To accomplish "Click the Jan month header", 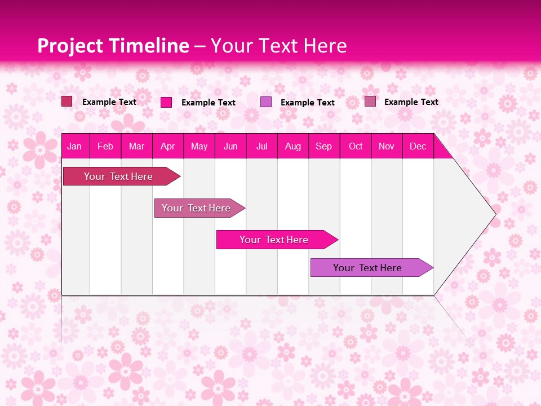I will [x=74, y=146].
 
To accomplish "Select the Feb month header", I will [x=105, y=146].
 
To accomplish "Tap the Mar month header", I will [x=136, y=146].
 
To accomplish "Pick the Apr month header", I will [x=168, y=146].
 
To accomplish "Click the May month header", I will [x=199, y=146].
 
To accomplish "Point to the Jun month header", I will [x=230, y=146].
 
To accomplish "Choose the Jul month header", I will [x=261, y=146].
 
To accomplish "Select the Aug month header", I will [x=293, y=146].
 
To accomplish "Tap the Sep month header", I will [x=324, y=146].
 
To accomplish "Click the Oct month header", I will [x=356, y=146].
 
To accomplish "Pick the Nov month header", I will [x=387, y=146].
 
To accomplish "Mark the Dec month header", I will [x=418, y=146].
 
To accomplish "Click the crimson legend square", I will [x=67, y=101].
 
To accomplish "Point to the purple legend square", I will [x=266, y=102].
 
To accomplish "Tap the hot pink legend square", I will [x=166, y=102].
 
